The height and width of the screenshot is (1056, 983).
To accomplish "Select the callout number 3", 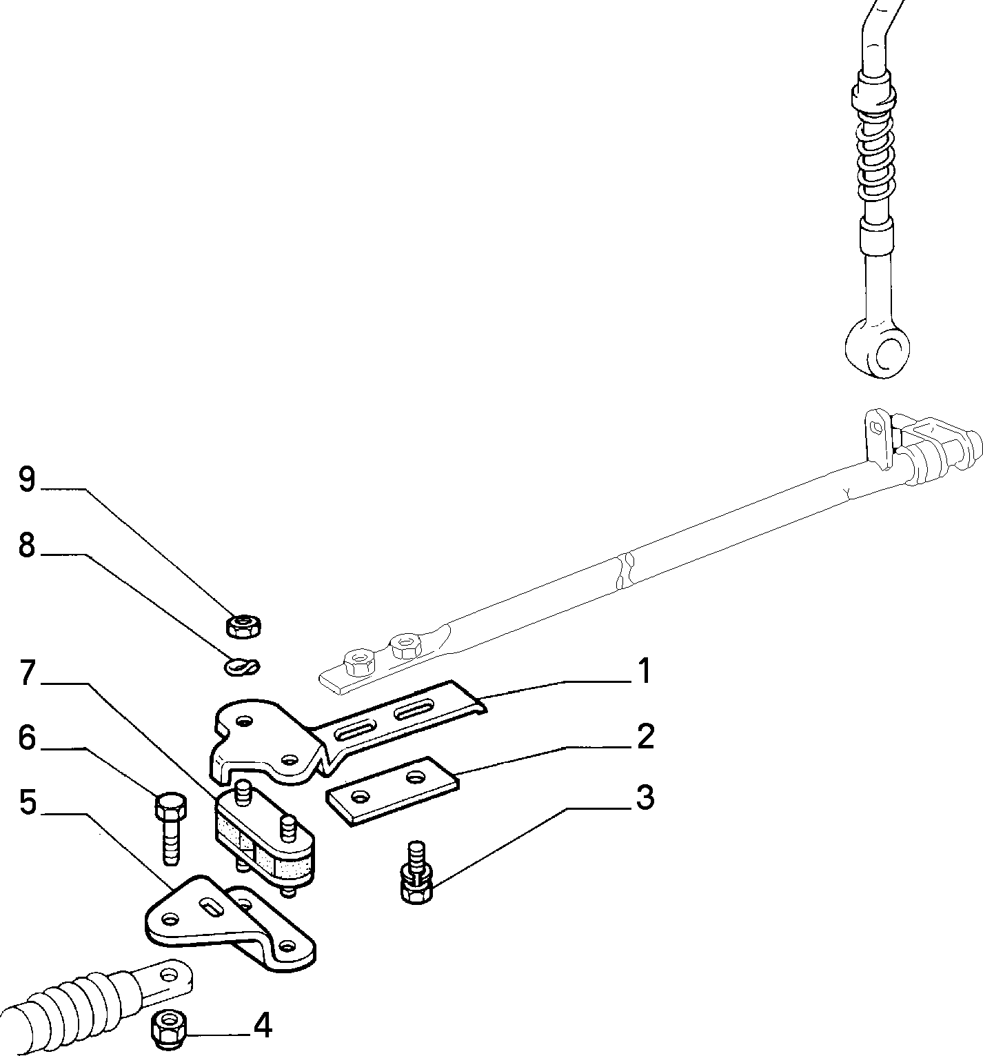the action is click(645, 797).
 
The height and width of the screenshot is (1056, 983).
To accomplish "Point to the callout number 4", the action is click(263, 1026).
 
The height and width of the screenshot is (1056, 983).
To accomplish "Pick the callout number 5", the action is click(28, 803).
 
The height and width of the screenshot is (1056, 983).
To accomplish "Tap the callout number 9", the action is click(27, 479).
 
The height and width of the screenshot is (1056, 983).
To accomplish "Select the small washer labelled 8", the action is click(243, 666).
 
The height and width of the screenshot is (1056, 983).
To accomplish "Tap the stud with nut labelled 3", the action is click(416, 872).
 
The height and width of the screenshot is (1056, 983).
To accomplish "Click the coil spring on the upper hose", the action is click(873, 162).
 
